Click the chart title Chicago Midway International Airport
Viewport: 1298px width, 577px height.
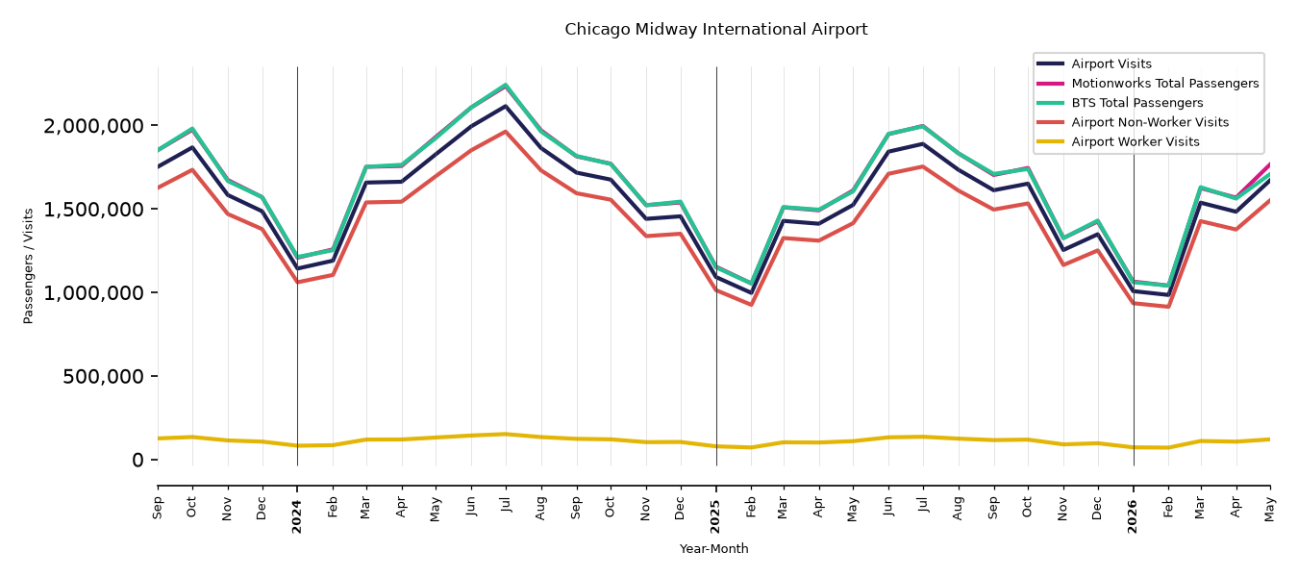(715, 30)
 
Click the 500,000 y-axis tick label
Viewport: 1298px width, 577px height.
(103, 377)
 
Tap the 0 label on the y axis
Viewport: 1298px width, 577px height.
(137, 460)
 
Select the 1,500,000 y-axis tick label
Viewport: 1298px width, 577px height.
(93, 209)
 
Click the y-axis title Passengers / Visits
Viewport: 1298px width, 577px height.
(28, 266)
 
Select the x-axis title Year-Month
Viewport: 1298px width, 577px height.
(713, 548)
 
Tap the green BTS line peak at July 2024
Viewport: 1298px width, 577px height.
(506, 86)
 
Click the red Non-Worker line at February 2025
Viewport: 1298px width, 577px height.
(751, 305)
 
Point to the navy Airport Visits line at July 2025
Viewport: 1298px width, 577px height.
(922, 143)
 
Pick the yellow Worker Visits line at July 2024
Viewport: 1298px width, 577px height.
(506, 434)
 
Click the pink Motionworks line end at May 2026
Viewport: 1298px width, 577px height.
(1269, 164)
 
